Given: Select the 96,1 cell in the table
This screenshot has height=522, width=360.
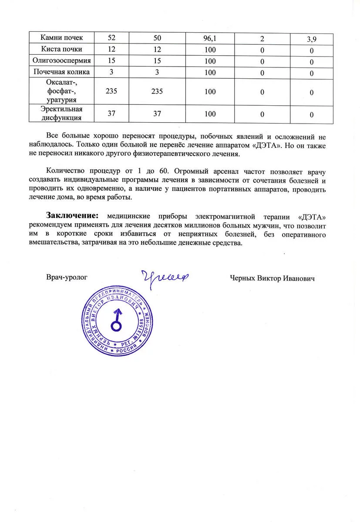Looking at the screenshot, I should [209, 38].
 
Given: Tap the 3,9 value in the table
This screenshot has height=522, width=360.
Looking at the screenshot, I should [311, 40].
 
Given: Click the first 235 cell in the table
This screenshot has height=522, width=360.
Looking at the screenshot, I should [112, 91].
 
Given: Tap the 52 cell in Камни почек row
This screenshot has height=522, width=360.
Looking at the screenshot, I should [112, 38].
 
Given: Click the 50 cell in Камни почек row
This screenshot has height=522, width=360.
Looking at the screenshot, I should [157, 38].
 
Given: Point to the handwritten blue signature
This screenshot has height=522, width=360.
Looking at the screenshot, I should [161, 276].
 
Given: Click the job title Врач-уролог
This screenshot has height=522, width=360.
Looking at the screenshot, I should [67, 277].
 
